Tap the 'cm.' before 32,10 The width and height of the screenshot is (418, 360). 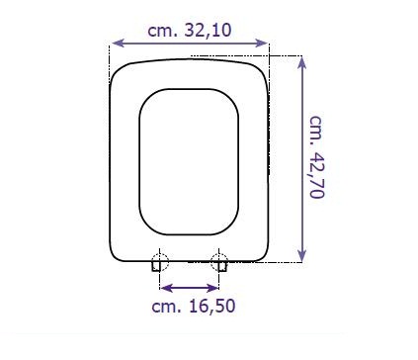pos(166,30)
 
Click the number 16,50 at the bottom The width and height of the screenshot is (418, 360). pos(213,306)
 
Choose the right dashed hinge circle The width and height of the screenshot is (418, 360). pos(220,262)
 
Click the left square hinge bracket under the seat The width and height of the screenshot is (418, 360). pos(156,265)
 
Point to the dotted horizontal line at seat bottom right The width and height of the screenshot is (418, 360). pos(282,261)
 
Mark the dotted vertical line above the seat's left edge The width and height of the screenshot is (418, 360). pos(109,55)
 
